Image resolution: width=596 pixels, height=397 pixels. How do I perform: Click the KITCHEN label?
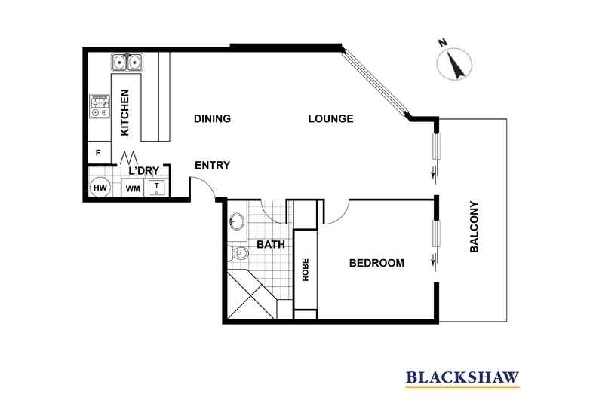(126, 113)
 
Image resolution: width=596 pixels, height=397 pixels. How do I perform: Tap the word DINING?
(211, 119)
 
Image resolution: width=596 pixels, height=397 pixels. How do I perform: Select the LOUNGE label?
(330, 119)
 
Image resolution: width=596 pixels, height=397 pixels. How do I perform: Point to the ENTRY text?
(212, 166)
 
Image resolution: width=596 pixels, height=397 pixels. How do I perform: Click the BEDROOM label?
(376, 264)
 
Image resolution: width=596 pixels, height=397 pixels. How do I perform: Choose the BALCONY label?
(475, 226)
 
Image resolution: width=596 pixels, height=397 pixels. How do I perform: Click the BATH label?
(269, 245)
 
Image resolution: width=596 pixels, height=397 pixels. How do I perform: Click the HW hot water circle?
(100, 188)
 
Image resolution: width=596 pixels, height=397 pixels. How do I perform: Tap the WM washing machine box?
(132, 188)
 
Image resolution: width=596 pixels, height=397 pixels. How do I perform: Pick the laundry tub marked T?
(156, 188)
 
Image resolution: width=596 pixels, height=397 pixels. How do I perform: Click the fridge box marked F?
(98, 153)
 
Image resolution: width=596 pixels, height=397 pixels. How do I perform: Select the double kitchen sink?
(127, 62)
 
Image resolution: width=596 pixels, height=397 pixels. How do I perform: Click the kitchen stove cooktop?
(99, 106)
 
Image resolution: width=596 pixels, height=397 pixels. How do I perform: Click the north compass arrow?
(455, 65)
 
